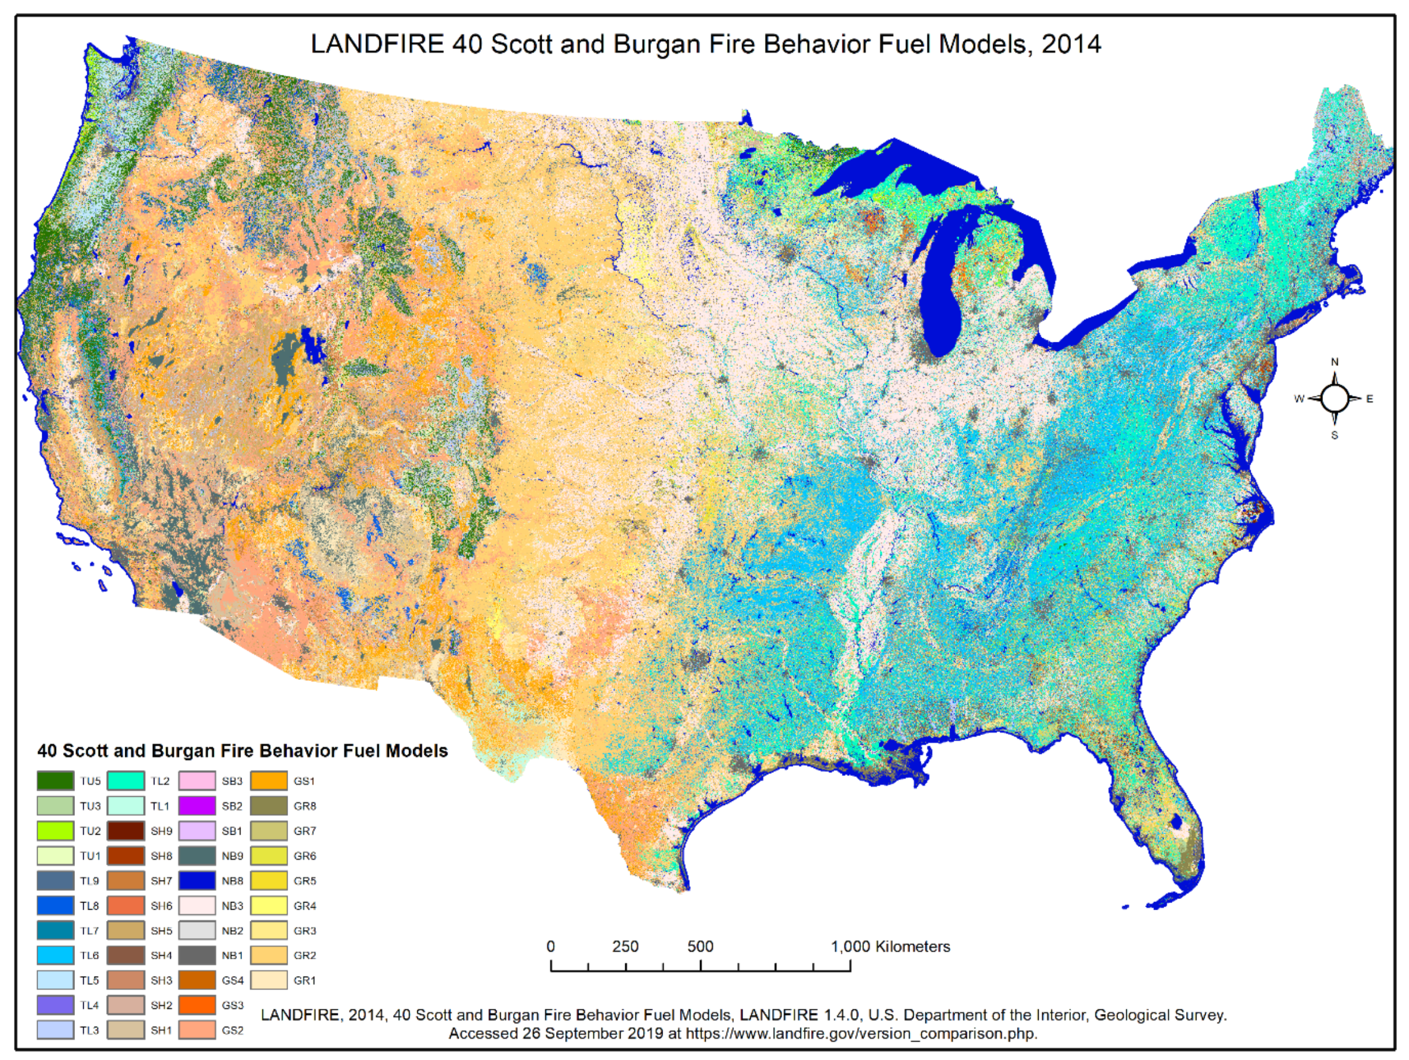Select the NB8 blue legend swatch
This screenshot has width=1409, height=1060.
tap(197, 880)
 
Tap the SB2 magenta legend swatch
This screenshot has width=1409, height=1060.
tap(197, 805)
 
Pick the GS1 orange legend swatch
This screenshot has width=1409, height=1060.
tap(268, 781)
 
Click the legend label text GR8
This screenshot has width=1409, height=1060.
tap(304, 806)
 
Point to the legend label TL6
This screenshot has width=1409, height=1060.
tap(90, 956)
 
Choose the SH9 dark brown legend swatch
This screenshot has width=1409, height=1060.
tap(126, 831)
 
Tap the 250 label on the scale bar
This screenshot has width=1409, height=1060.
tap(625, 947)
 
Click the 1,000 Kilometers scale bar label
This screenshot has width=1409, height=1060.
tap(890, 947)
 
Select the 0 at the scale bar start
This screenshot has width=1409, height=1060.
tap(551, 947)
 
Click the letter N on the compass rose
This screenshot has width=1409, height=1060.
tap(1334, 362)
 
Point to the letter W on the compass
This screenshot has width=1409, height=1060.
tap(1298, 399)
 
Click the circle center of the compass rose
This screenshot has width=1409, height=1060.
tap(1334, 399)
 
